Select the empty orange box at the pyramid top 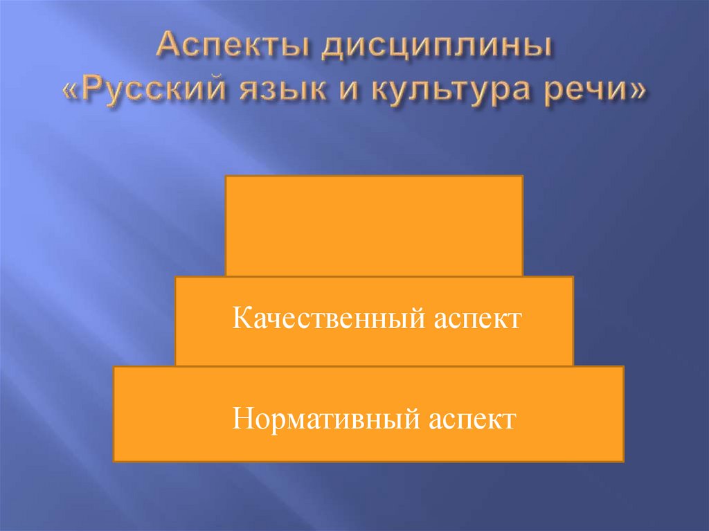[374, 226]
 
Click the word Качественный [327, 320]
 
